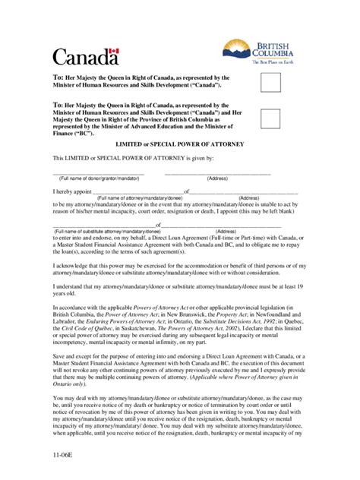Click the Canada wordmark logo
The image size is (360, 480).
point(85,57)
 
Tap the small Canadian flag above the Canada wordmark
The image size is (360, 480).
point(114,52)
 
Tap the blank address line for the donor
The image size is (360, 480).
point(217,173)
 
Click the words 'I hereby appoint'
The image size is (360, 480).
point(72,192)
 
